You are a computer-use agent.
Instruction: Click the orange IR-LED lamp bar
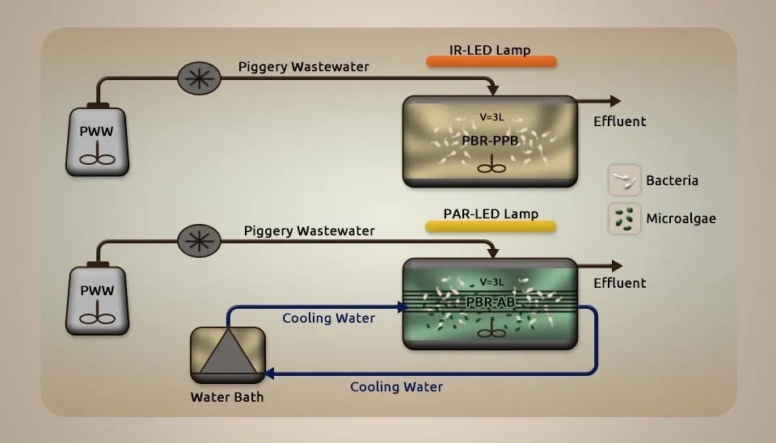(x=491, y=62)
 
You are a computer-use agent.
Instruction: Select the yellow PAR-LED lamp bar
(x=491, y=226)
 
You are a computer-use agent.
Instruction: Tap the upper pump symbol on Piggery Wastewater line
(x=199, y=78)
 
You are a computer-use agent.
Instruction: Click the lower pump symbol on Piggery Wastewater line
(x=199, y=240)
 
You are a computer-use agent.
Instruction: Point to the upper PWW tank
(x=97, y=141)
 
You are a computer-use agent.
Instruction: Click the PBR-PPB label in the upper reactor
(x=489, y=141)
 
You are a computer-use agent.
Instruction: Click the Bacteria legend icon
(x=624, y=179)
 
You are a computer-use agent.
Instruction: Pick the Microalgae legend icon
(x=624, y=218)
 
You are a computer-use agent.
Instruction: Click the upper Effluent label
(x=620, y=121)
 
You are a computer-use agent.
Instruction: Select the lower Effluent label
(x=620, y=283)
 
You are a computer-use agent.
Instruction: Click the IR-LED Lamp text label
(x=490, y=50)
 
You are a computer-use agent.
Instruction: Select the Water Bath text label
(x=227, y=397)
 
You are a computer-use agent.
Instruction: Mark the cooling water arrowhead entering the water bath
(x=270, y=373)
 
